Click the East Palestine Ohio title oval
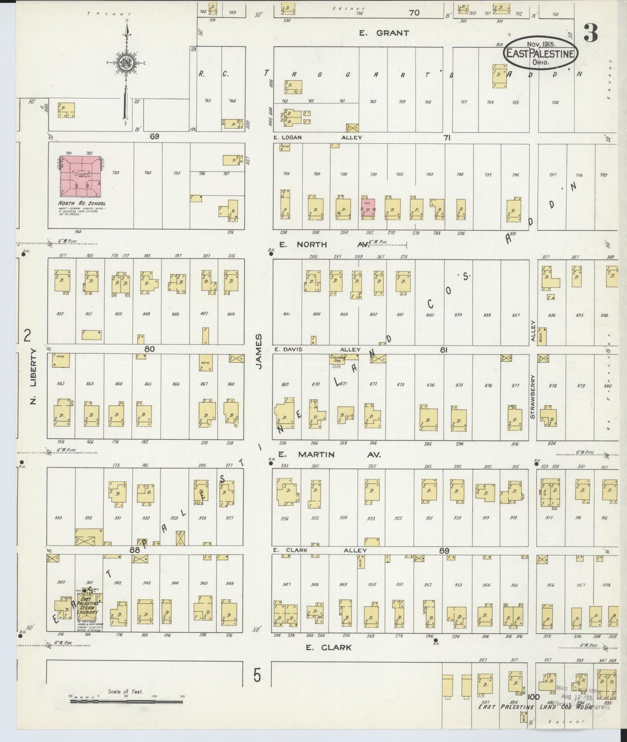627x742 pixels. coord(540,53)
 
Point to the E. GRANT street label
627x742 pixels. coord(384,33)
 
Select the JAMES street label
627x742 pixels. coord(259,351)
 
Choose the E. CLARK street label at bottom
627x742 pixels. coord(328,647)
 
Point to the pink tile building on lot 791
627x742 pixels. coord(368,206)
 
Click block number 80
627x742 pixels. coord(150,349)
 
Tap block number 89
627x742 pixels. coord(443,551)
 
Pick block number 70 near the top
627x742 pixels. coord(414,13)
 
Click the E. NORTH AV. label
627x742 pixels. coord(323,245)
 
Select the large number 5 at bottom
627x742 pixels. coord(257,676)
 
